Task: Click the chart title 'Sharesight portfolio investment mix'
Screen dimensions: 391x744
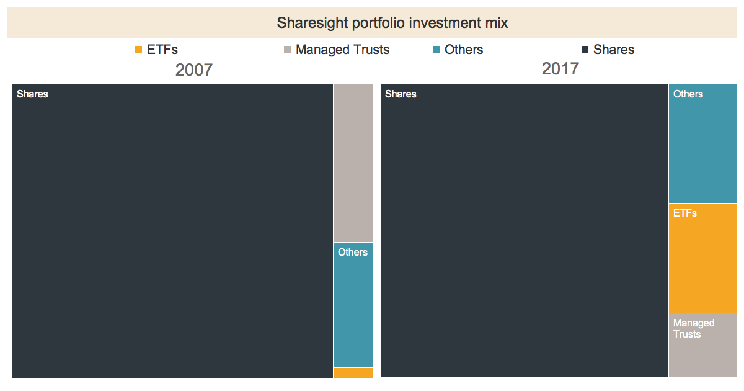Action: click(392, 24)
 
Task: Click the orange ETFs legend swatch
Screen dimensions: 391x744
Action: click(138, 50)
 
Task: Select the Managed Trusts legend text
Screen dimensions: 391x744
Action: click(342, 50)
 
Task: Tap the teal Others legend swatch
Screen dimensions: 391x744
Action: click(436, 50)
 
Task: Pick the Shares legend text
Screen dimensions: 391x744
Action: click(613, 50)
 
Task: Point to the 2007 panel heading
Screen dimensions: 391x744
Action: click(193, 70)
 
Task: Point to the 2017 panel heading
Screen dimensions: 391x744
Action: click(560, 68)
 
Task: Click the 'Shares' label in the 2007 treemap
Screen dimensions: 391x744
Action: click(32, 94)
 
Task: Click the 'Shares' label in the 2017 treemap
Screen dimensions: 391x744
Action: click(401, 94)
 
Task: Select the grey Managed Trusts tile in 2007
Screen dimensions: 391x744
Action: click(353, 163)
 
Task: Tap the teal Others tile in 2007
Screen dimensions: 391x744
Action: click(353, 310)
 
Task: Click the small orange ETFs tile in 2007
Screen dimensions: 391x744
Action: click(353, 373)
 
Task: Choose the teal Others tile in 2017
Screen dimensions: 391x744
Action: click(702, 149)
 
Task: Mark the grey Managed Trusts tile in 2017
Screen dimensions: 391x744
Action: click(702, 354)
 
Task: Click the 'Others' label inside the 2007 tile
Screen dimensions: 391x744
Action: click(353, 253)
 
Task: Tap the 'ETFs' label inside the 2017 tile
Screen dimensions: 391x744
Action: click(685, 213)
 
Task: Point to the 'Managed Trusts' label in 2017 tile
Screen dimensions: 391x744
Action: click(694, 328)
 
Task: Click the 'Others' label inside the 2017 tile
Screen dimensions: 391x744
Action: click(688, 94)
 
